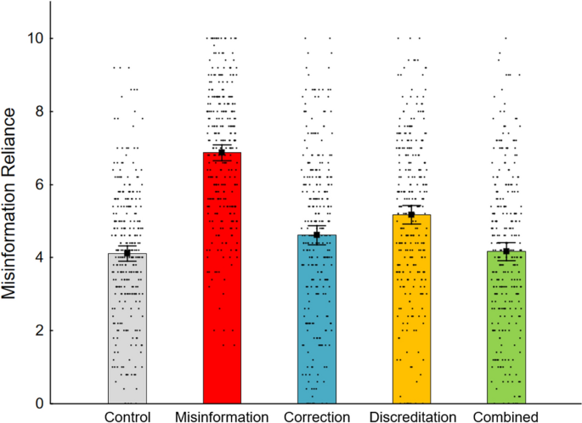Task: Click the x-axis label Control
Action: [127, 416]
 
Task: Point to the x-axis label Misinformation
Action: [222, 416]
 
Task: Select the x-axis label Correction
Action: [317, 416]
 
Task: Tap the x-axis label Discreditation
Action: [411, 416]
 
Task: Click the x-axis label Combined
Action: [506, 416]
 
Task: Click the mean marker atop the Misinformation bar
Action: [222, 153]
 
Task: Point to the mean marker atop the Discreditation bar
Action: [411, 215]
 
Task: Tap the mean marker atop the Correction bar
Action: [317, 235]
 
